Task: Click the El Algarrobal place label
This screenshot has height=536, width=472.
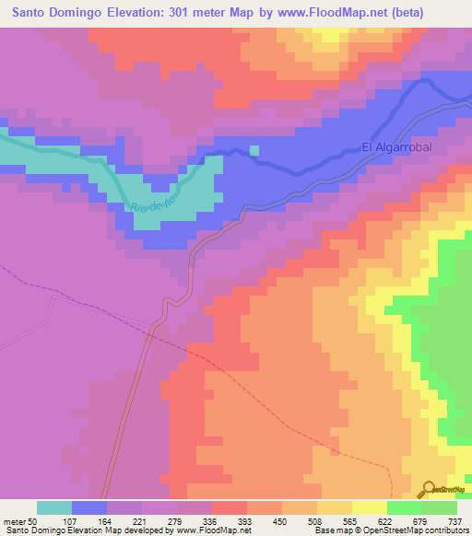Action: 395,147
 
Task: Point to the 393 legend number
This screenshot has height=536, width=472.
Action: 246,521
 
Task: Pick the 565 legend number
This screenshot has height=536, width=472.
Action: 351,521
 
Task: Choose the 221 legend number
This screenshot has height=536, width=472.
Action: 141,521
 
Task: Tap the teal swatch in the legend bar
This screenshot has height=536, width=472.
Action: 54,507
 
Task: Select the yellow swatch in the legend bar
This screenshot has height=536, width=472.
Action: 370,507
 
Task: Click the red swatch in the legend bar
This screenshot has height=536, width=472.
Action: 230,507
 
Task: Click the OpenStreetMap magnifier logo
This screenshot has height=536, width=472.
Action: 429,489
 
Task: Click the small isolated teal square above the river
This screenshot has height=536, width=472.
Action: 255,150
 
